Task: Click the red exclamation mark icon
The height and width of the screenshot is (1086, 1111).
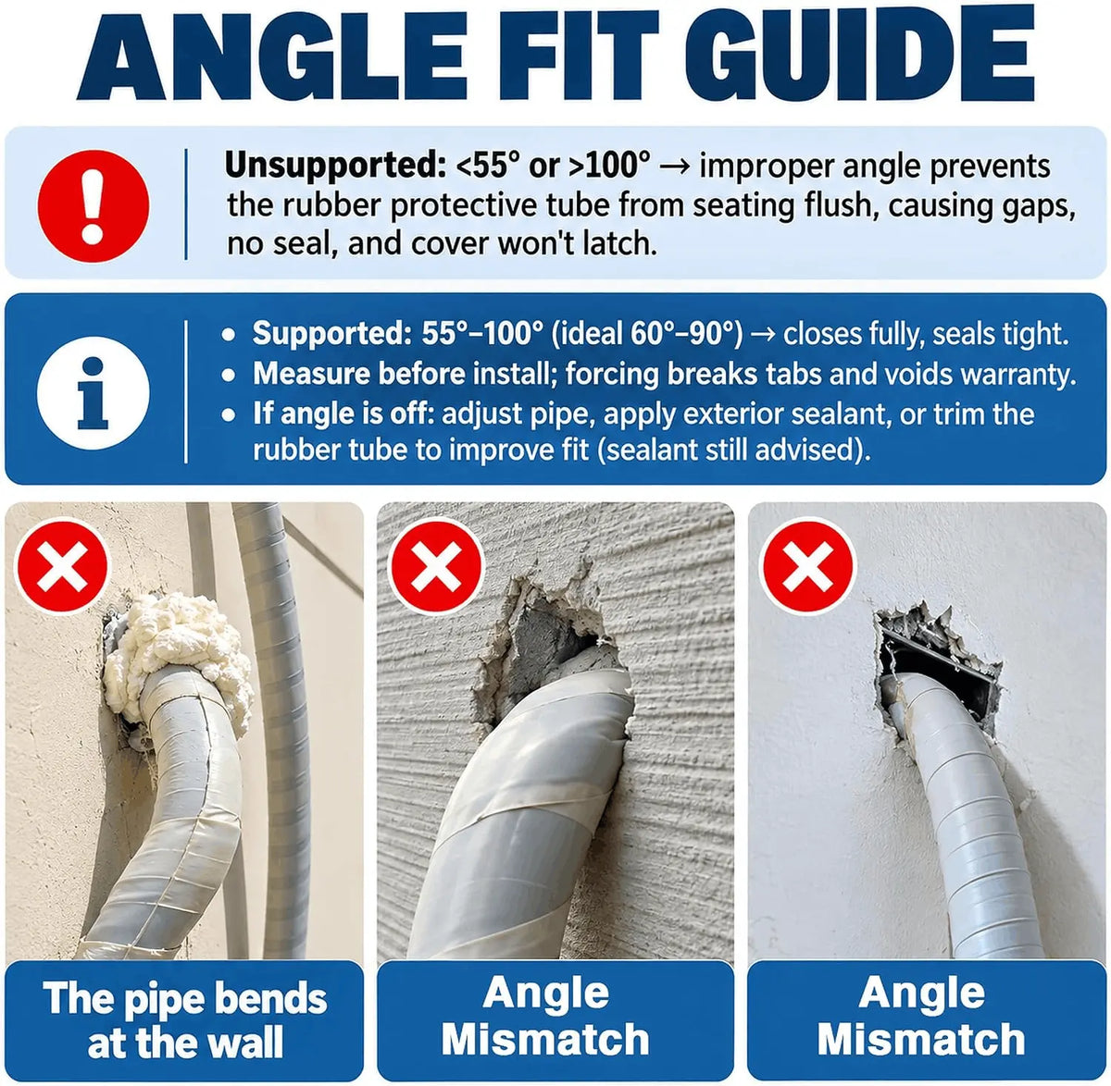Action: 94,206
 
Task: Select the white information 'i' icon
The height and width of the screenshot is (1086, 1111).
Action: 94,392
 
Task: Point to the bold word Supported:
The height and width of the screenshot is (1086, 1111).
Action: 331,334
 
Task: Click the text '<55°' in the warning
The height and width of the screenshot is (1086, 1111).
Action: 488,166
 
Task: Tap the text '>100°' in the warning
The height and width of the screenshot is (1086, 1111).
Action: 610,166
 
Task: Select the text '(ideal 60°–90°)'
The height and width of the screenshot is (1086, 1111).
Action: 647,334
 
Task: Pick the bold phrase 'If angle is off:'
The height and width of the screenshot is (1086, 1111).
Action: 341,413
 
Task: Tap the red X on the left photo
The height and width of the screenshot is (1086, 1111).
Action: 62,565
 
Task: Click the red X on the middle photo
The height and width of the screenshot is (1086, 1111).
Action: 436,566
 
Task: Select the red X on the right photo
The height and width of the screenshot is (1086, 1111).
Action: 808,566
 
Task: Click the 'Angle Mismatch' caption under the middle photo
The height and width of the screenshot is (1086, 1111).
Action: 545,1017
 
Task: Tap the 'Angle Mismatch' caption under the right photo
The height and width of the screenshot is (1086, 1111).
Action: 921,1017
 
